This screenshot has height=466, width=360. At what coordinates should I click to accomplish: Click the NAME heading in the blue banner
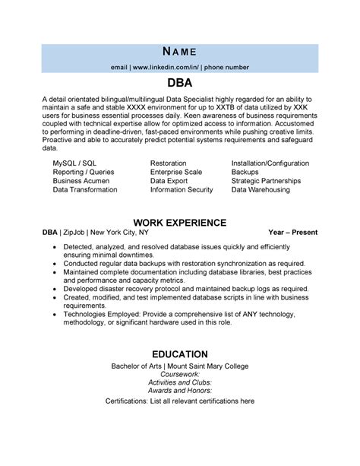click(x=180, y=52)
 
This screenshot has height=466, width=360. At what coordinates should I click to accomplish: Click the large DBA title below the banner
click(x=180, y=82)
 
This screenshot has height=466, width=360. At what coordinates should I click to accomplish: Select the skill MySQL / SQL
click(x=74, y=163)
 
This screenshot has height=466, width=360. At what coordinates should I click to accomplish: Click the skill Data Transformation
click(x=85, y=190)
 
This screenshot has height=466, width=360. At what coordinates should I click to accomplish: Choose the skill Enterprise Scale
click(x=177, y=173)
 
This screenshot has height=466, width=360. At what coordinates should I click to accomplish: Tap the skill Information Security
click(x=182, y=190)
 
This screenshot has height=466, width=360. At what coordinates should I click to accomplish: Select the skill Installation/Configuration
click(x=270, y=163)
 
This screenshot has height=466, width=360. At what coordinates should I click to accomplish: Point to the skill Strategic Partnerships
click(x=266, y=181)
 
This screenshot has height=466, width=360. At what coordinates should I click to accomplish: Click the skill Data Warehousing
click(x=261, y=190)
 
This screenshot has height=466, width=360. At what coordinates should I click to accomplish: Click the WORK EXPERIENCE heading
click(x=180, y=222)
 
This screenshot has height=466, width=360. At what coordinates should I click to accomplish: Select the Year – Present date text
click(x=292, y=232)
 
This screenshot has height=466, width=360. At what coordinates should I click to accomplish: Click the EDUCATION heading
click(x=180, y=354)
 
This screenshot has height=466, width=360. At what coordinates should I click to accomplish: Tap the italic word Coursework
click(x=180, y=375)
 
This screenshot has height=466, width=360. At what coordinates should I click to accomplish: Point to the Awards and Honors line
click(x=180, y=392)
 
